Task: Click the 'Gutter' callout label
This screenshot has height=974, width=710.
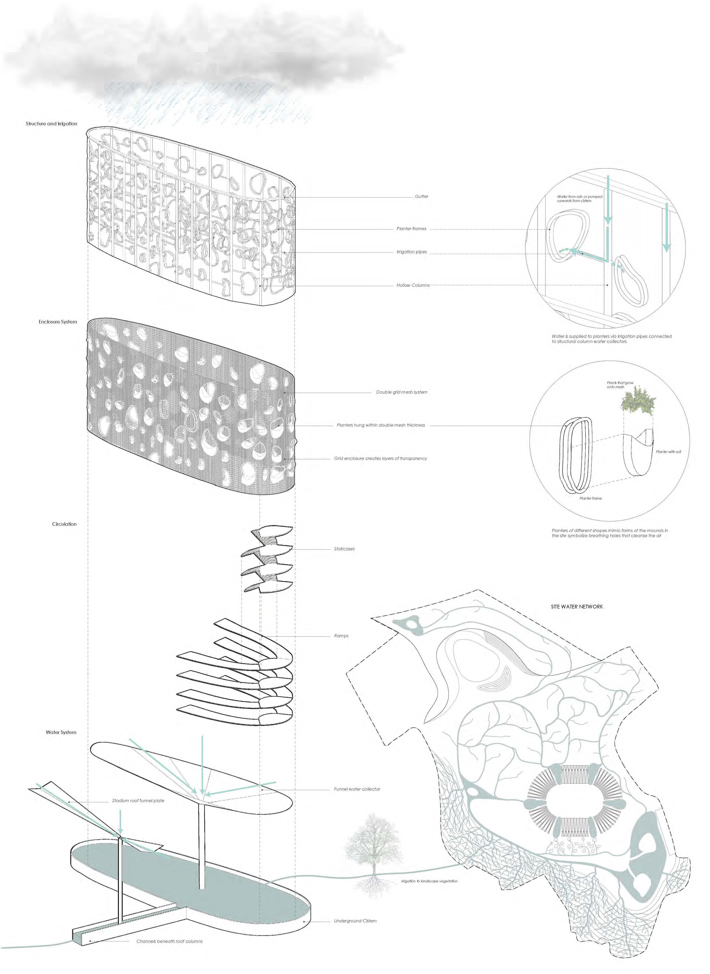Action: [x=421, y=196]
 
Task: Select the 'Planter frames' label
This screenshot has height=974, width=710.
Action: [x=411, y=228]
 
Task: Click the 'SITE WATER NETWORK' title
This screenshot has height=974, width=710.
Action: [x=577, y=607]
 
